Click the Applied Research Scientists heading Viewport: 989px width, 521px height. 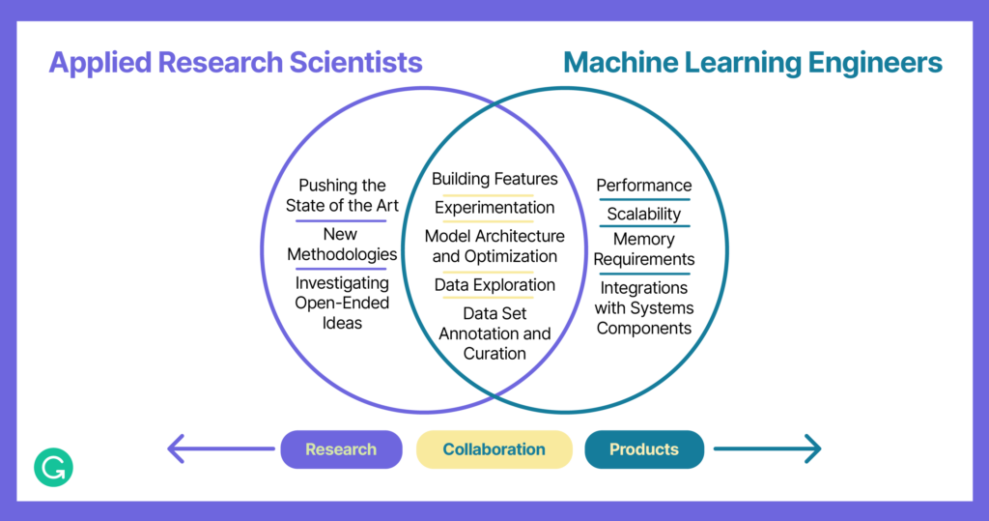click(x=236, y=63)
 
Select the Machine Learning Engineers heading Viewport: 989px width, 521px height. click(x=752, y=63)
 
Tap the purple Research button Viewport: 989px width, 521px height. click(x=341, y=449)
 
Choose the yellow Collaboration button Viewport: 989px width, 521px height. click(x=494, y=449)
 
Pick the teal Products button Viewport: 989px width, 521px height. click(x=644, y=449)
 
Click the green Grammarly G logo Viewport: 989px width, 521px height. click(x=53, y=467)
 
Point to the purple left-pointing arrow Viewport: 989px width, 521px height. click(x=220, y=449)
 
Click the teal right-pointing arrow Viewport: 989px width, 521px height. click(x=767, y=449)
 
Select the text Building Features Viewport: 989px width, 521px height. click(x=494, y=179)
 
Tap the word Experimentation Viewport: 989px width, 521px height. click(x=494, y=208)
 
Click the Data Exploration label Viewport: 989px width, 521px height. click(x=494, y=285)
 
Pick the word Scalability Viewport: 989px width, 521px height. click(x=644, y=214)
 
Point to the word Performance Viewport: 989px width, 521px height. click(x=644, y=186)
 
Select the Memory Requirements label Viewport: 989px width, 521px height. click(x=644, y=249)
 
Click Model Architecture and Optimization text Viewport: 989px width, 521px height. click(x=494, y=246)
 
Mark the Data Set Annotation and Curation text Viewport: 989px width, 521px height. click(x=494, y=333)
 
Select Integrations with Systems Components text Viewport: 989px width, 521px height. click(x=644, y=307)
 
